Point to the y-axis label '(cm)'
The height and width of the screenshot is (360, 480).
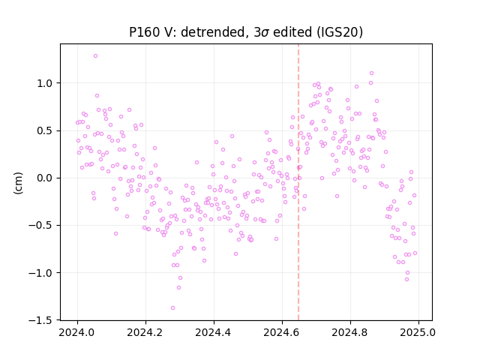pyautogui.click(x=18, y=183)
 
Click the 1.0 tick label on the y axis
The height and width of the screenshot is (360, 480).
pyautogui.click(x=45, y=83)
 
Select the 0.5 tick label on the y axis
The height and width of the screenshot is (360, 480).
pyautogui.click(x=45, y=130)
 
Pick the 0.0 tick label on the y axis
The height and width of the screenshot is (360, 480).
pyautogui.click(x=45, y=178)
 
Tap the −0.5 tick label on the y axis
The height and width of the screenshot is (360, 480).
pyautogui.click(x=41, y=226)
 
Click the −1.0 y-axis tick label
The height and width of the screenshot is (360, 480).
pyautogui.click(x=41, y=273)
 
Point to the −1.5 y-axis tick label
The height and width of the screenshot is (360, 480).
pyautogui.click(x=41, y=320)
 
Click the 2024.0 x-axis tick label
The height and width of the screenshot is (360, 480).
pyautogui.click(x=77, y=332)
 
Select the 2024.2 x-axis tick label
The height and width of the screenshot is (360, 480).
pyautogui.click(x=145, y=332)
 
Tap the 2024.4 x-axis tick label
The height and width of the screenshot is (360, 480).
pyautogui.click(x=214, y=332)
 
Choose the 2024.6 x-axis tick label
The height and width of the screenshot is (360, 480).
pyautogui.click(x=282, y=332)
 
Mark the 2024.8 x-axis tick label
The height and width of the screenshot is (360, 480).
pyautogui.click(x=350, y=332)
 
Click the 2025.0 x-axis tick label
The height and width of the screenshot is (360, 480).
pyautogui.click(x=418, y=332)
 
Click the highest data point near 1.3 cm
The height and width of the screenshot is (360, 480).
pyautogui.click(x=95, y=56)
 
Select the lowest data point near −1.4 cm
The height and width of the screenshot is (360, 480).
pyautogui.click(x=172, y=308)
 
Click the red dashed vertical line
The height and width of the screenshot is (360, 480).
pyautogui.click(x=298, y=182)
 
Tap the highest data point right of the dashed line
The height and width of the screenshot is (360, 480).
pyautogui.click(x=372, y=73)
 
